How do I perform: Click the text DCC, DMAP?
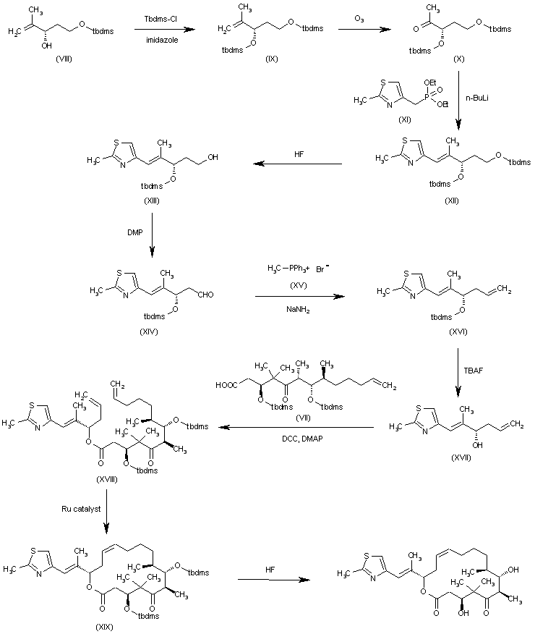(299, 438)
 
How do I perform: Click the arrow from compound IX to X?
(359, 30)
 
